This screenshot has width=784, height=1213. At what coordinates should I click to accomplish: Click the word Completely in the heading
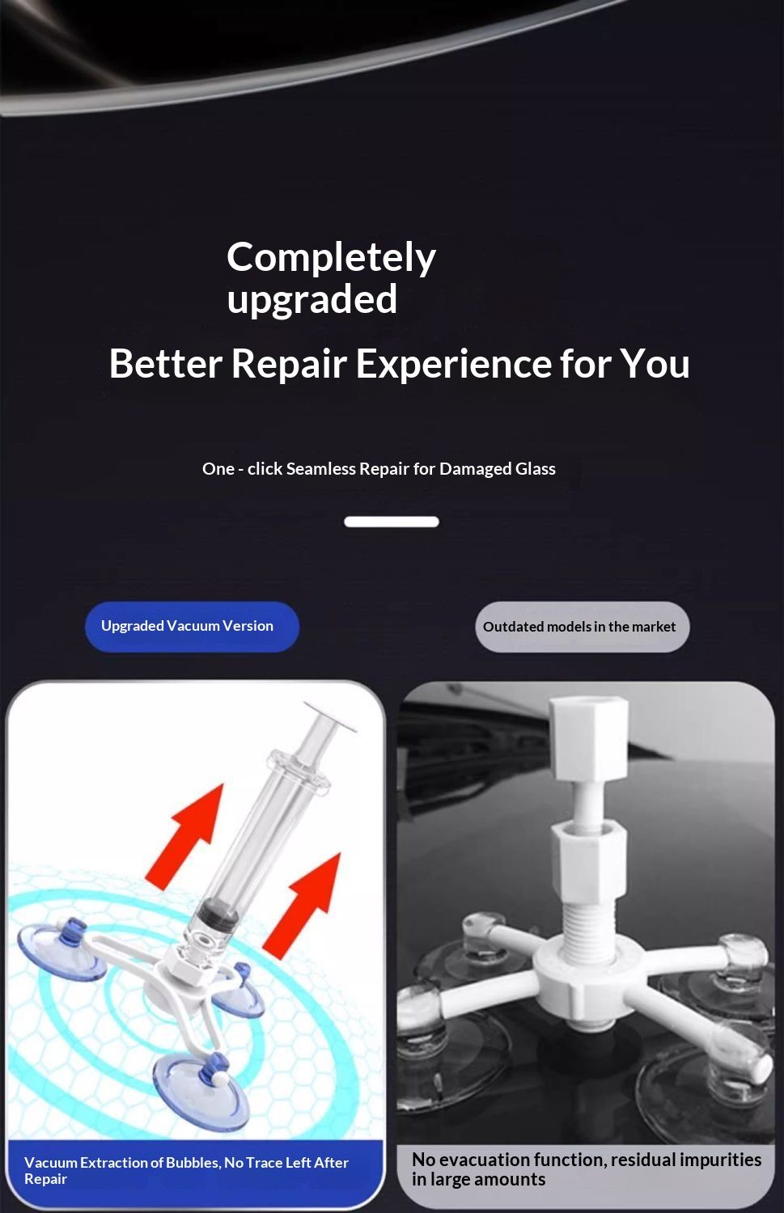coord(331,258)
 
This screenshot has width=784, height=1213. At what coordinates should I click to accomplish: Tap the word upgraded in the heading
coord(312,300)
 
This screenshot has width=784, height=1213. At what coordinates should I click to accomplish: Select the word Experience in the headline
coord(454,363)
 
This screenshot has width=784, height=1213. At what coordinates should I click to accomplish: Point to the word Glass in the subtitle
coord(536,468)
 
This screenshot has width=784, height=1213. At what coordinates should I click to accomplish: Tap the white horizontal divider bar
coord(392,522)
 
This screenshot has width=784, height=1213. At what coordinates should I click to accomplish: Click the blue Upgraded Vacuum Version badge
coord(192,627)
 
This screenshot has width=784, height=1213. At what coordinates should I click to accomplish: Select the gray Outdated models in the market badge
coord(583,627)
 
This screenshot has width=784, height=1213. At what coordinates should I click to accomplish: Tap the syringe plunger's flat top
coord(330,716)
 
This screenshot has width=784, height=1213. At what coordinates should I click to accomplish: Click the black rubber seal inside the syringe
coord(217,915)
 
